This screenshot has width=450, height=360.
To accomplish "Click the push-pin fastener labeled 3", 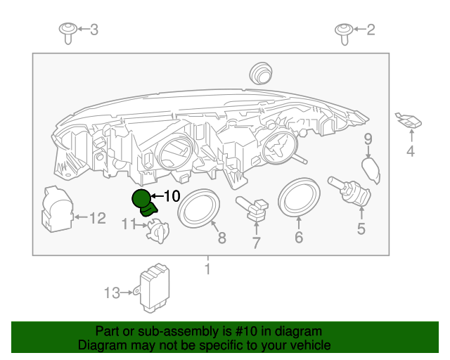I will coord(67,31).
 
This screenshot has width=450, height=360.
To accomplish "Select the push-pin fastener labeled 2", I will coord(344,31).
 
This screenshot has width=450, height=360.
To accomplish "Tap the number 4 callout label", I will coord(410,151).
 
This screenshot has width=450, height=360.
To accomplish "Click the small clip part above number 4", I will coord(408,122).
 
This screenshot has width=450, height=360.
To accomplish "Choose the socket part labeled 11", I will coord(158,231).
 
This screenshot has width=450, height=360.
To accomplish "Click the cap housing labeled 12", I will coord(56,209).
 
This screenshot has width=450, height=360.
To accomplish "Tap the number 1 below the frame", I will coord(207,269).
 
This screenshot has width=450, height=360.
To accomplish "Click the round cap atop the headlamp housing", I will coord(261,72).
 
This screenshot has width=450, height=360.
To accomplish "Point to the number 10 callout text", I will coord(172,197).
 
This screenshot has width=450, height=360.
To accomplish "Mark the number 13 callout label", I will coord(112,293).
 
